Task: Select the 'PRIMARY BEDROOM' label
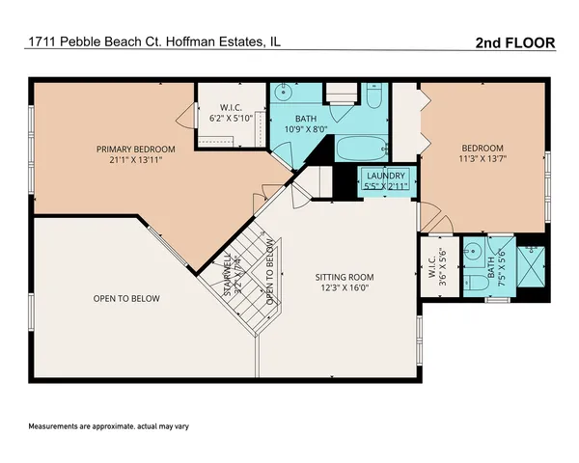(x=135, y=149)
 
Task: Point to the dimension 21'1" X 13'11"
(x=135, y=162)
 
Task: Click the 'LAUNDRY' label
(x=384, y=175)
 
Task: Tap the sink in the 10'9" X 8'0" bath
(x=283, y=95)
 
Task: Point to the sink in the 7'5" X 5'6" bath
(x=474, y=251)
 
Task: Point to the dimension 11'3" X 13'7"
(x=482, y=161)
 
